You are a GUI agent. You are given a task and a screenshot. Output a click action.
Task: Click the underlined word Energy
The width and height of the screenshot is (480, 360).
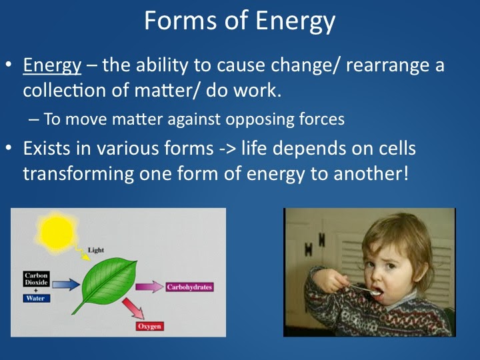point(52,65)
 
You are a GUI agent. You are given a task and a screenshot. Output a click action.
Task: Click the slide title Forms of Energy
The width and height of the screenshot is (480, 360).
point(240,21)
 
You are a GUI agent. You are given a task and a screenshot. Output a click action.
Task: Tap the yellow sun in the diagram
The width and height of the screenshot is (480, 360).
point(56,233)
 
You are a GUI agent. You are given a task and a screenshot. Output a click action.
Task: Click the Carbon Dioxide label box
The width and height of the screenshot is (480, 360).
point(36,279)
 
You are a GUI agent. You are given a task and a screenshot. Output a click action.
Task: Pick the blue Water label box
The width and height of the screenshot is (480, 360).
point(36,298)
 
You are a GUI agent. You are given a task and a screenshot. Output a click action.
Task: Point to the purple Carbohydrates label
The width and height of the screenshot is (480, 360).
point(189,287)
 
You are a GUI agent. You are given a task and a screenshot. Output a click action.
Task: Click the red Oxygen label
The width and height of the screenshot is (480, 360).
point(149,326)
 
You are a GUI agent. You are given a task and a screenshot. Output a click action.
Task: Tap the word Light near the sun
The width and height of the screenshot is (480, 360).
point(96,250)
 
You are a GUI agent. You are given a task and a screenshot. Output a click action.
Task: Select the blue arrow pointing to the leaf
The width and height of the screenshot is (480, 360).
point(66,285)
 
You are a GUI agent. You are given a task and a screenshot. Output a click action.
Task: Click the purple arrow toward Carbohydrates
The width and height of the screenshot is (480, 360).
point(149,287)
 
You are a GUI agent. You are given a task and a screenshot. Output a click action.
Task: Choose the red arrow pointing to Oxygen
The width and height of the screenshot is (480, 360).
point(133,309)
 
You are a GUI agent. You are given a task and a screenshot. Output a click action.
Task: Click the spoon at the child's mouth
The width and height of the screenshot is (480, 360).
point(364,289)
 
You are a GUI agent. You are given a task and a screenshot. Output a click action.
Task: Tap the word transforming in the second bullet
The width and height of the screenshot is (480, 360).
point(79,174)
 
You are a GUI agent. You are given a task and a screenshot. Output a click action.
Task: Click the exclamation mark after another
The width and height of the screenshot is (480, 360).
point(406,173)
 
